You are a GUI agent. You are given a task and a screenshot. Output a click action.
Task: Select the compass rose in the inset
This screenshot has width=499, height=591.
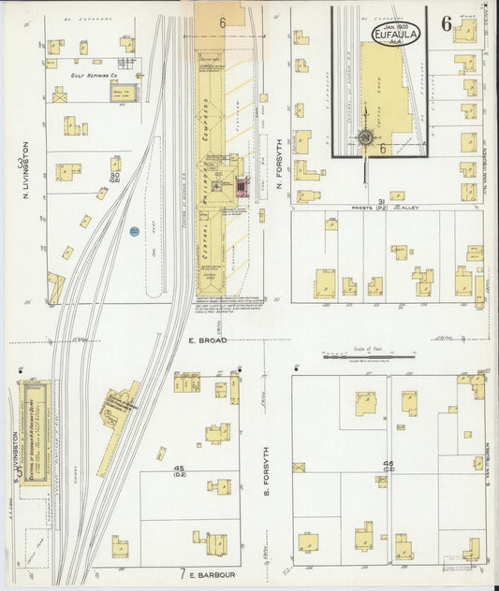pos(364,138)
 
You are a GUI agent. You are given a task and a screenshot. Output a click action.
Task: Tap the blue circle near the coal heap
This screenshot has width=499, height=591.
pos(134,230)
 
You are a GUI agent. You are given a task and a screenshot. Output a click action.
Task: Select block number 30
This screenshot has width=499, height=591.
pos(114,175)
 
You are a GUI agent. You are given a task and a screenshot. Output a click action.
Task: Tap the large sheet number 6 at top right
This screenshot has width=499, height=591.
pos(447,22)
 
